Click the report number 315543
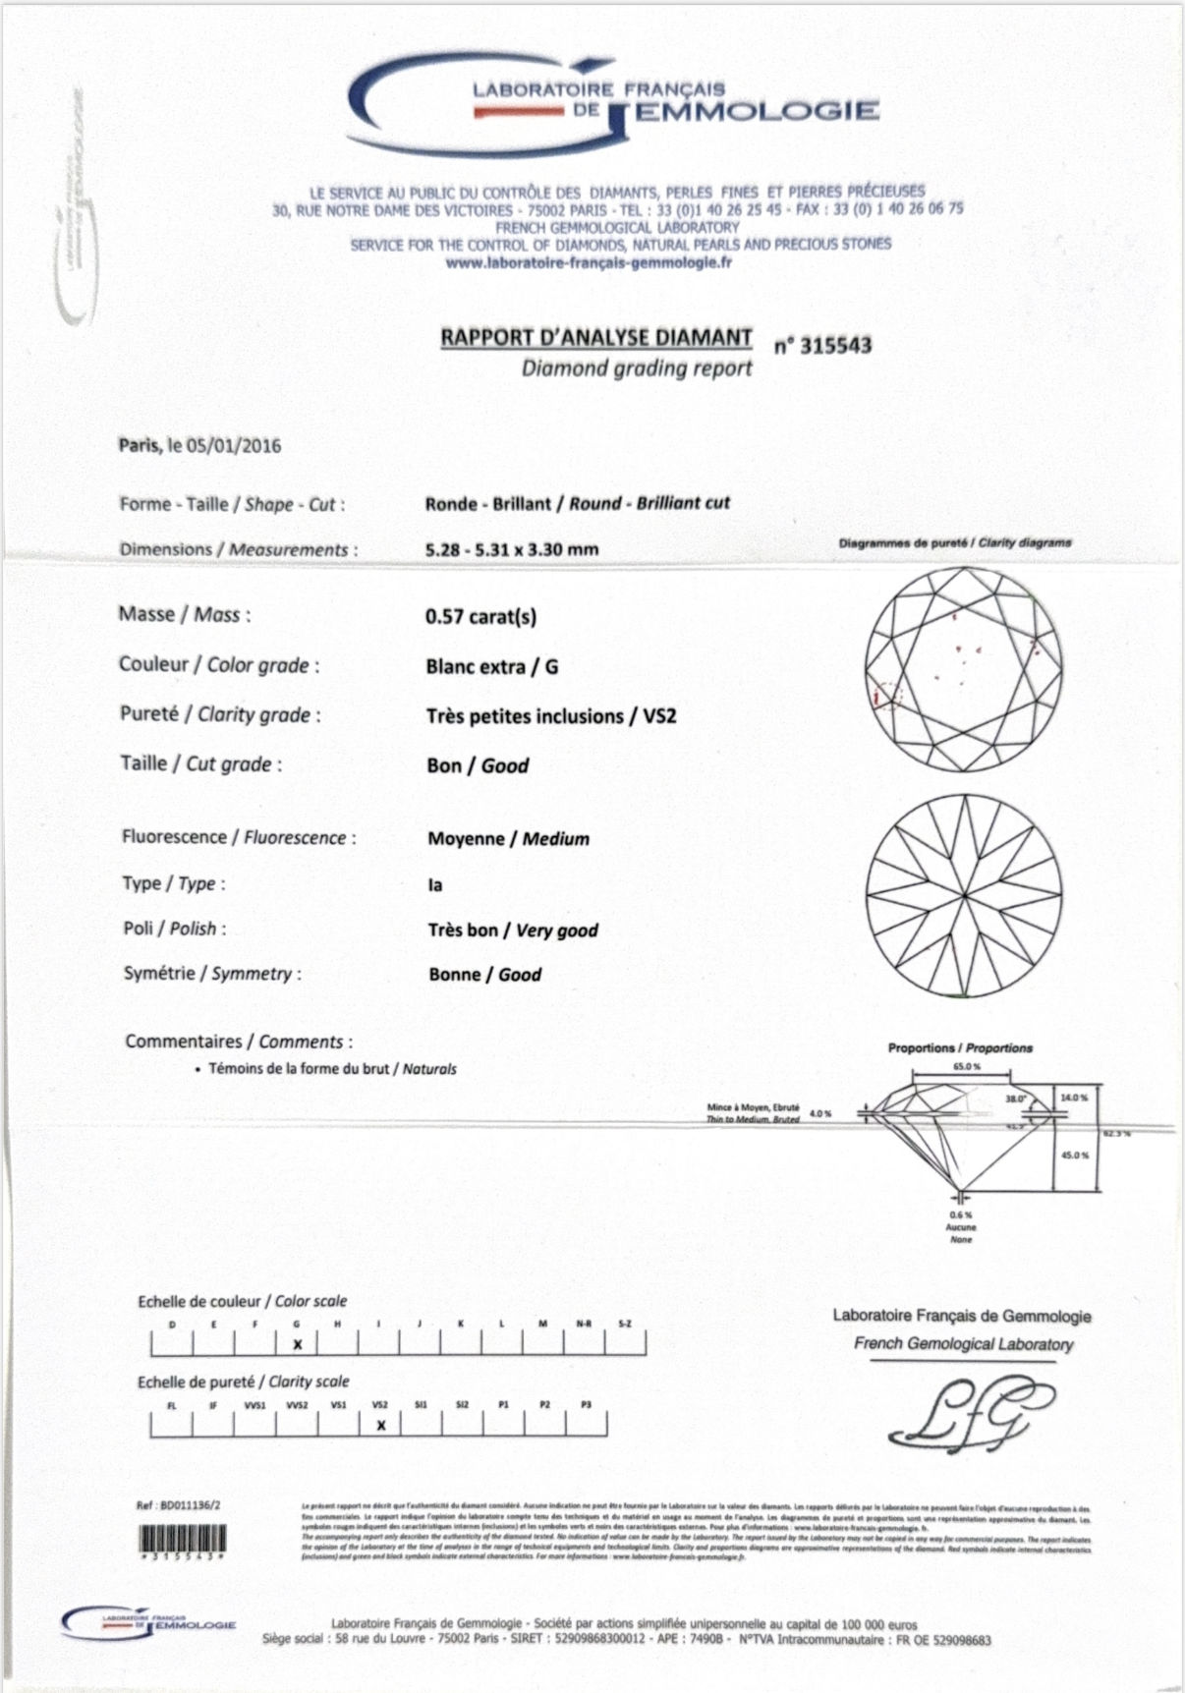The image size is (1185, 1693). tap(834, 346)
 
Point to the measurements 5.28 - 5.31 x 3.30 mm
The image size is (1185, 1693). tap(511, 549)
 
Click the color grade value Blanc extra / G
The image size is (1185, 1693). tap(491, 666)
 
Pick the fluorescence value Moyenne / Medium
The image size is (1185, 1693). tap(508, 839)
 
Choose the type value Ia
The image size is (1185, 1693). tap(435, 885)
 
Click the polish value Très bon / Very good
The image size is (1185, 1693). tap(512, 931)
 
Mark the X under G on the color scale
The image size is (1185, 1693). tap(298, 1344)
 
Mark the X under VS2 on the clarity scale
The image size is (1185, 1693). tap(381, 1425)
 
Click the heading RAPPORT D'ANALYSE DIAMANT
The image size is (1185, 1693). tap(595, 337)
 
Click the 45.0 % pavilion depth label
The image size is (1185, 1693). tap(1074, 1155)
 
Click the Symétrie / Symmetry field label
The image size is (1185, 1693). tap(211, 975)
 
